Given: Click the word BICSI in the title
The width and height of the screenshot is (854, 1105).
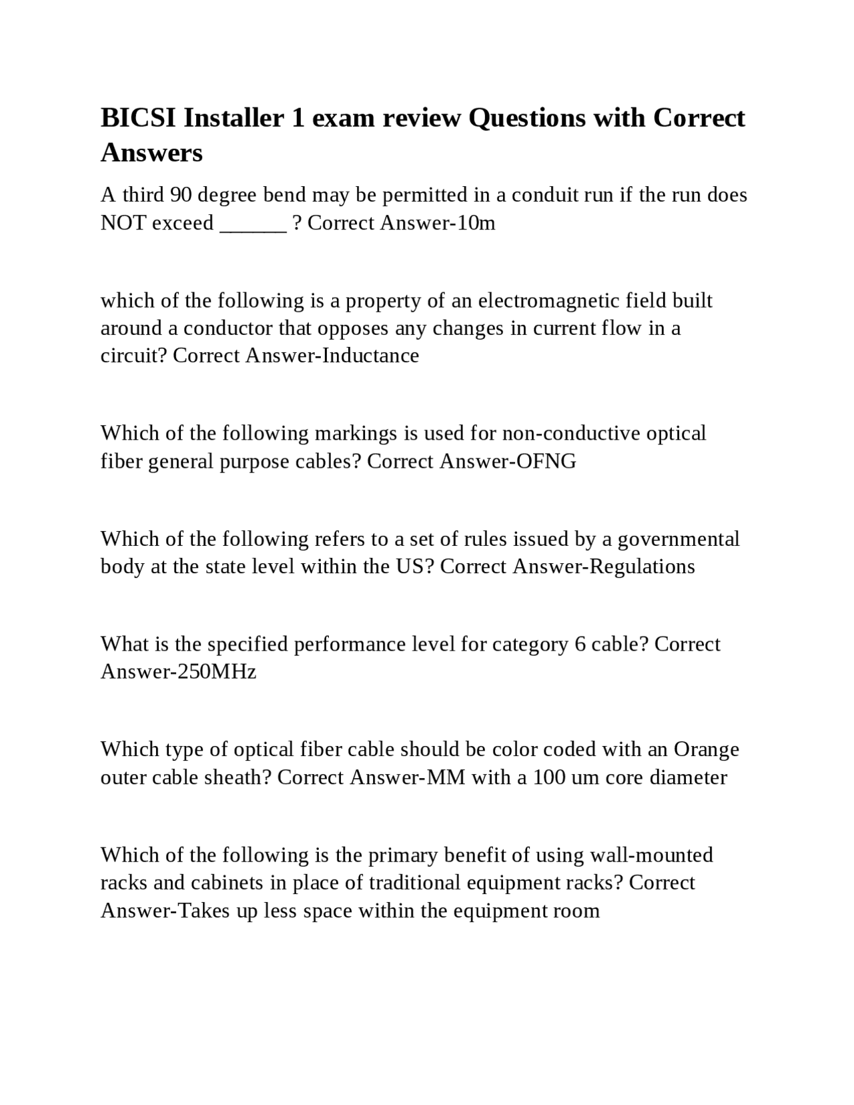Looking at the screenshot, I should [138, 118].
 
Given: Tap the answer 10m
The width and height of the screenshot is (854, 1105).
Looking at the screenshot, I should [476, 223].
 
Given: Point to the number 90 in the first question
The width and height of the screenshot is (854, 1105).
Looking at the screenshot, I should [181, 195].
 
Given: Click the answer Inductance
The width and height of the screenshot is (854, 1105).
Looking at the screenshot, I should [370, 356].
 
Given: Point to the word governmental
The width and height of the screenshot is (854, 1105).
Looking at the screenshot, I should [679, 539].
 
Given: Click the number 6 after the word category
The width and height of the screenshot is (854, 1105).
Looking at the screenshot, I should [579, 645].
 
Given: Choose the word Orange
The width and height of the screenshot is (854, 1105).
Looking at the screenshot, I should [706, 749].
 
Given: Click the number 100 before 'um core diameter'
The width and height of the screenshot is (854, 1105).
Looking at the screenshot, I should [549, 777].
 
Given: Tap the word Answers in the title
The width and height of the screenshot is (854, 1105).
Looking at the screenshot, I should [151, 153].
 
